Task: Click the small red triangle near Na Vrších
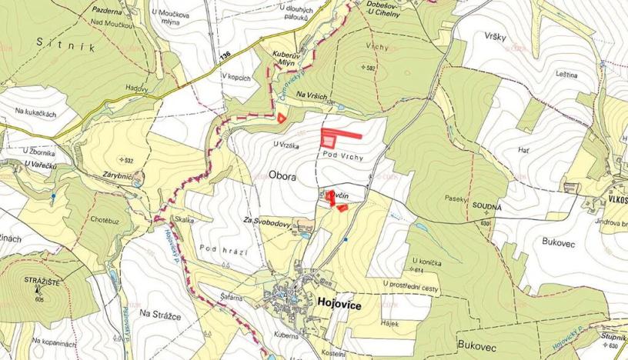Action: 282,118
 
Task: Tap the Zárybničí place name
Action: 115,175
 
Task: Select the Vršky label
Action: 496,37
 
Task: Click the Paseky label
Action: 456,198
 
